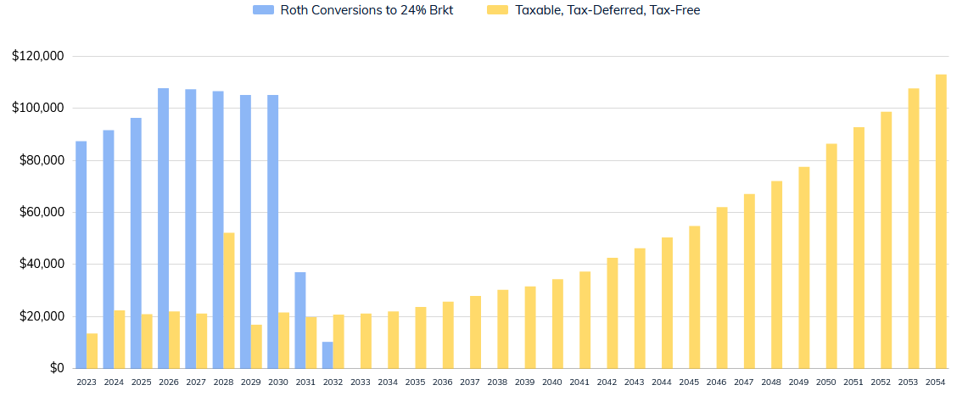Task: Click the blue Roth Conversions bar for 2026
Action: [x=163, y=228]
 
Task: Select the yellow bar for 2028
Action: [x=229, y=300]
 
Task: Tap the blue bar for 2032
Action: [x=327, y=354]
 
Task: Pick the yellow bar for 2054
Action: [x=941, y=221]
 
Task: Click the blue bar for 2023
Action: [x=81, y=254]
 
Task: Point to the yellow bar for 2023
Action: [x=92, y=351]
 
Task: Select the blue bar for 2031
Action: [x=300, y=320]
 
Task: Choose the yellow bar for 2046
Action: [x=722, y=287]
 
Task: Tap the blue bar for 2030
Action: [x=273, y=231]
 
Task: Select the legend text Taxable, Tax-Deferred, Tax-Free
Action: [x=607, y=10]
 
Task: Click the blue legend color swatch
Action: [x=264, y=10]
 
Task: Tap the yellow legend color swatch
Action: [x=497, y=10]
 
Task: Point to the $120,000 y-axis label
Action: [x=38, y=56]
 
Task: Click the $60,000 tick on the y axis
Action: [x=41, y=212]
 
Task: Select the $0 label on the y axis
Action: [x=56, y=368]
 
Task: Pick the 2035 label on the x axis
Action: [x=415, y=382]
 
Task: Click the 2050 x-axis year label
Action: [x=825, y=382]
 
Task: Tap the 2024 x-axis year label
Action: [x=114, y=382]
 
